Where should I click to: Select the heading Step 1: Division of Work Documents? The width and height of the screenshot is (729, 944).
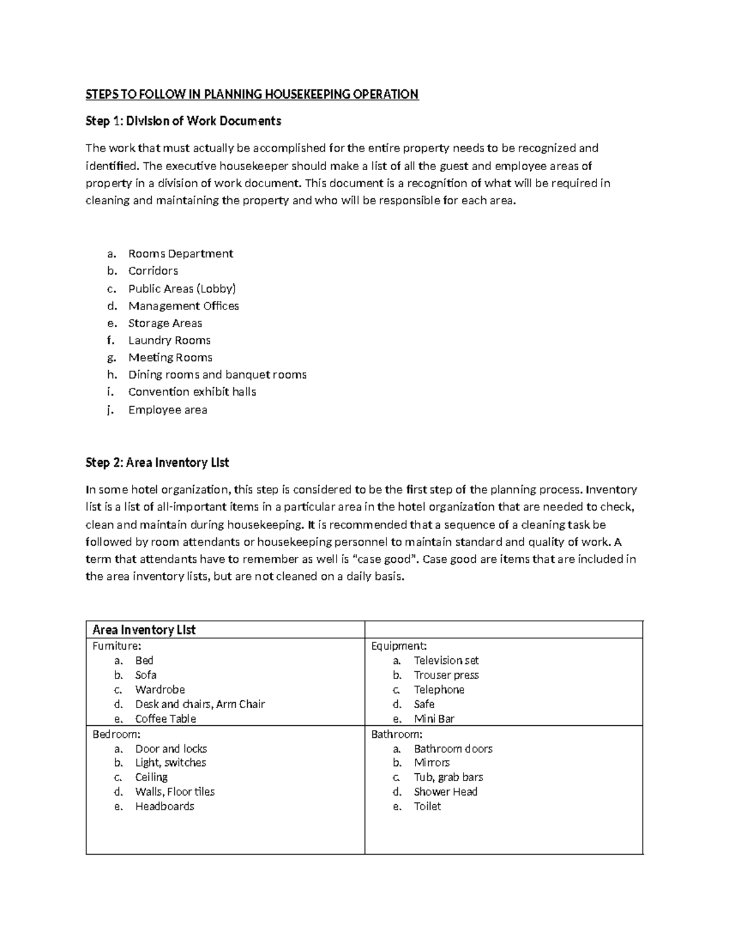pos(183,121)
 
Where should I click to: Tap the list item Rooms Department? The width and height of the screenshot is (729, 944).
pos(180,253)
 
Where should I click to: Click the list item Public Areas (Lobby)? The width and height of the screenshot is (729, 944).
pos(182,289)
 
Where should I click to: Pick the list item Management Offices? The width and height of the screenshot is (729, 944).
pos(183,306)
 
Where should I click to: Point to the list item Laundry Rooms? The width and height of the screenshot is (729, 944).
pos(169,340)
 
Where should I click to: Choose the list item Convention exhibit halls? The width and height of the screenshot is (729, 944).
pos(192,392)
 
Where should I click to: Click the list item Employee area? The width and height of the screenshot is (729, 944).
pos(168,410)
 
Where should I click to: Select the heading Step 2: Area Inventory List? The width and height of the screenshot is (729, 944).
pos(157,463)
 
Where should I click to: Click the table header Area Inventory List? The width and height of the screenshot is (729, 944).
pos(144,630)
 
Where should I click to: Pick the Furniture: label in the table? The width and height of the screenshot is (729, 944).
pos(117,646)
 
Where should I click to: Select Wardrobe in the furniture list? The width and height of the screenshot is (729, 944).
pos(160,689)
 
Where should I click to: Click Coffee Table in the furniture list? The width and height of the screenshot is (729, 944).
pos(165,718)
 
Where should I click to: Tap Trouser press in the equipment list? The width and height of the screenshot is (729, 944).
pos(446,675)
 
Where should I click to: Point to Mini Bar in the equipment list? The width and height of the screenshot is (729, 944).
pos(434,718)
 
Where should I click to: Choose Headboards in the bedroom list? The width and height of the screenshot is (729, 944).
pos(165,806)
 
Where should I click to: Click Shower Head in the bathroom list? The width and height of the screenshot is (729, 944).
pos(445,791)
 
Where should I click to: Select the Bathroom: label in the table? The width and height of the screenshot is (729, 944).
pos(397,734)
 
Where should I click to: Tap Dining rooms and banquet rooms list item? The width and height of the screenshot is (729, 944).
pos(217,375)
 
